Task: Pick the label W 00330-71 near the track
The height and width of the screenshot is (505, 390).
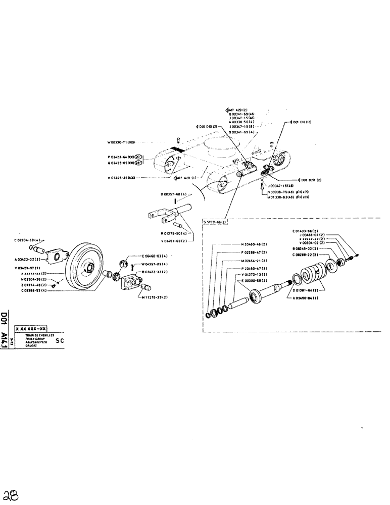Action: coord(120,142)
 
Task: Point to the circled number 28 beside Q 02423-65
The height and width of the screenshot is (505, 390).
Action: coord(137,163)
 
